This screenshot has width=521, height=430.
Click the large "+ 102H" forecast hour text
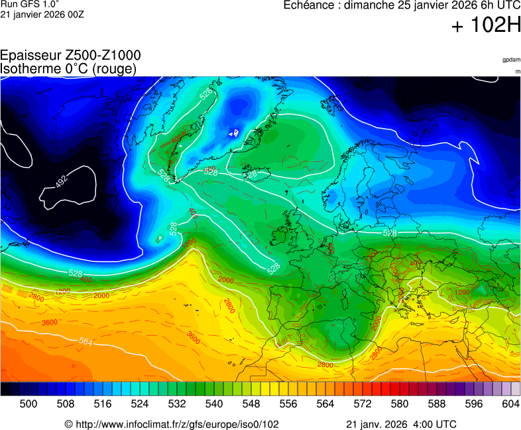[486, 27]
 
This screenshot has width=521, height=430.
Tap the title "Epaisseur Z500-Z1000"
[70, 56]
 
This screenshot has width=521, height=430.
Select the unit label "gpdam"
[511, 60]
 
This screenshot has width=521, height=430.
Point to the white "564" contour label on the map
[86, 341]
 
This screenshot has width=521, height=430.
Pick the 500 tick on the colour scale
[29, 403]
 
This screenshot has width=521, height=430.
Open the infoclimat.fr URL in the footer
[176, 424]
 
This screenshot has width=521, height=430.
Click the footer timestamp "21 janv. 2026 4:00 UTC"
[401, 424]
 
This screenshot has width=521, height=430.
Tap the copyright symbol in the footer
[68, 424]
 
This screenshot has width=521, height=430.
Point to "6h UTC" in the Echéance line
[490, 6]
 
